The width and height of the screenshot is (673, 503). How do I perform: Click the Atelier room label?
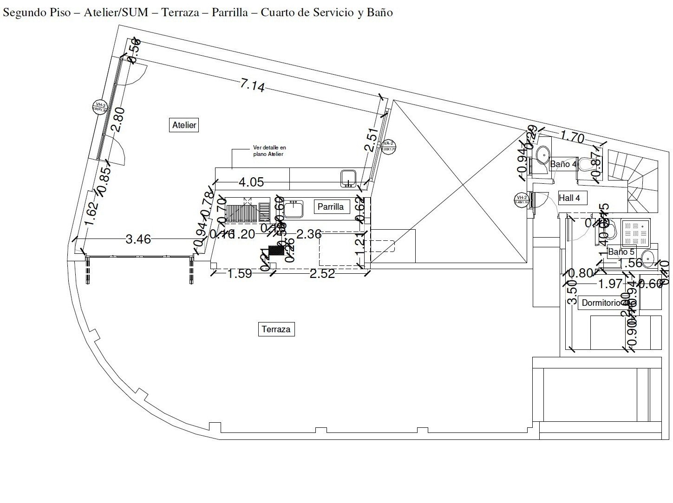click(x=184, y=125)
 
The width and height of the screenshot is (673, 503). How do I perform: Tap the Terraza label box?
click(x=276, y=329)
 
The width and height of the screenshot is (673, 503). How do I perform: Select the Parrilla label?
click(x=330, y=206)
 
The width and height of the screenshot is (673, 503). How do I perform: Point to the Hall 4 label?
click(x=569, y=198)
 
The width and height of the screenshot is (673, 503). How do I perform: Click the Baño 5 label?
click(x=621, y=252)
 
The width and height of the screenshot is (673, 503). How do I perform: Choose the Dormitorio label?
click(x=601, y=303)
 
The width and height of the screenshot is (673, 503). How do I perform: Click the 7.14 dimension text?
click(x=252, y=85)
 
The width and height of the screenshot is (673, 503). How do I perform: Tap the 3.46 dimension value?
click(x=138, y=239)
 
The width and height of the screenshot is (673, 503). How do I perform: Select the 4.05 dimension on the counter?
click(x=251, y=182)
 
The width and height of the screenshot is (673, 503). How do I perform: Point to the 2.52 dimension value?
click(x=322, y=274)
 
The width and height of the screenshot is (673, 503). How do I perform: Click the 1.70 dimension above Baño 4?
click(x=572, y=137)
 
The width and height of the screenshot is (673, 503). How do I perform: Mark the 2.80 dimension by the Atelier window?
click(x=118, y=120)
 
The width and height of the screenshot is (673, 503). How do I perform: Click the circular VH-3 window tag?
click(x=100, y=107)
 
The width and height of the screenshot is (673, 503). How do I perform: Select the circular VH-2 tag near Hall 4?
click(x=522, y=200)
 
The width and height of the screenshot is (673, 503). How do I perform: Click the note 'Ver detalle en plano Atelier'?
click(x=269, y=151)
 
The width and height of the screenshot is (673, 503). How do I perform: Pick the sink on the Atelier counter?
click(x=348, y=178)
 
